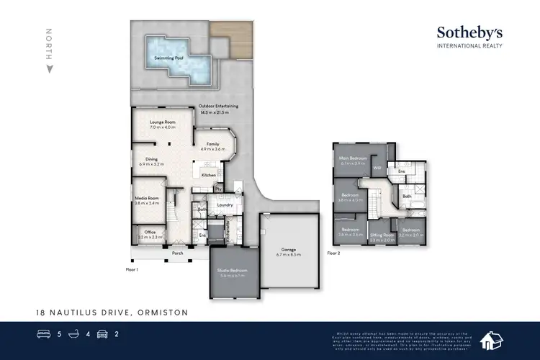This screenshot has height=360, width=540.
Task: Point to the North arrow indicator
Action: tap(49, 68)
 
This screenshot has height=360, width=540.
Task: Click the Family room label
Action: tap(212, 144)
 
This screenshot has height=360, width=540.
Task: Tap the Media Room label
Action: tap(146, 198)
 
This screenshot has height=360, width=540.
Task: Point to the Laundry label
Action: tap(223, 205)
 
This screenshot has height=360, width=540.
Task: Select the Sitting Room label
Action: tap(382, 235)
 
